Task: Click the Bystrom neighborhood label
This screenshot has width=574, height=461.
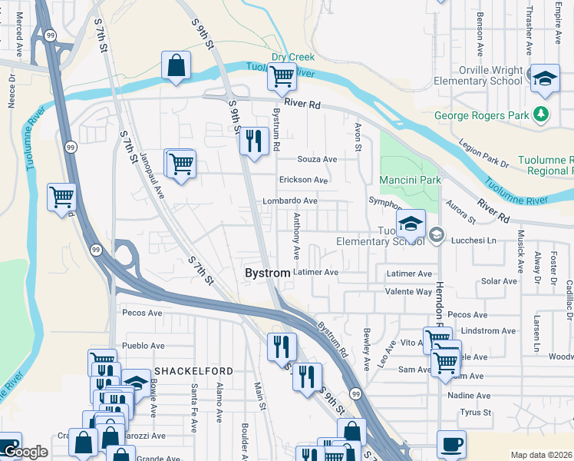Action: pyautogui.click(x=267, y=273)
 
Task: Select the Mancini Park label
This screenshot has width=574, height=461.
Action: pyautogui.click(x=410, y=180)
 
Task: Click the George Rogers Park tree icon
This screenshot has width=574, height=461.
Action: pyautogui.click(x=542, y=115)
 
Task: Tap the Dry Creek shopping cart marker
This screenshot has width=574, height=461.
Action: pyautogui.click(x=282, y=77)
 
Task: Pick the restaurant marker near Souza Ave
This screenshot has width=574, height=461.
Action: pyautogui.click(x=253, y=141)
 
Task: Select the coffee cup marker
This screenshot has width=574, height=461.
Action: pyautogui.click(x=451, y=444)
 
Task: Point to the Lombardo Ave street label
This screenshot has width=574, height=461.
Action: pyautogui.click(x=290, y=201)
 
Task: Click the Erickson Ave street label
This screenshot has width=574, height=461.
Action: pyautogui.click(x=304, y=180)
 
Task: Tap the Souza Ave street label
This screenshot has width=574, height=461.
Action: pyautogui.click(x=318, y=159)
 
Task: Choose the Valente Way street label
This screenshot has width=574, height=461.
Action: pyautogui.click(x=408, y=292)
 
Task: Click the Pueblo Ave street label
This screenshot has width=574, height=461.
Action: pyautogui.click(x=143, y=346)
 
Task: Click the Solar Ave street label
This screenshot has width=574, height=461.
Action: pyautogui.click(x=499, y=281)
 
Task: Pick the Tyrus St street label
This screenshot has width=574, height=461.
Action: pyautogui.click(x=475, y=413)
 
